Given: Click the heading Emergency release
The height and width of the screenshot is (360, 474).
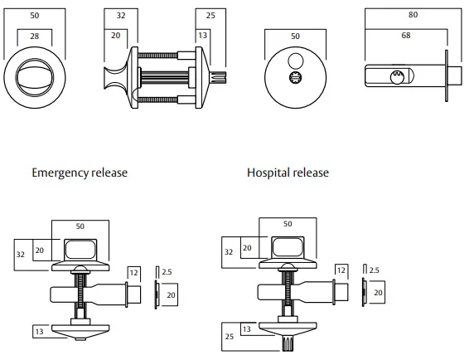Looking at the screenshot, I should (x=80, y=173).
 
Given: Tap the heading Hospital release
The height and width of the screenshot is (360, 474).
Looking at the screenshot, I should (x=288, y=173).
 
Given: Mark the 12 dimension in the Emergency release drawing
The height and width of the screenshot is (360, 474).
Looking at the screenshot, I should (x=134, y=271).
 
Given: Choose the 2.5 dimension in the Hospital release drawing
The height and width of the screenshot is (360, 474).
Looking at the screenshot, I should (x=374, y=270).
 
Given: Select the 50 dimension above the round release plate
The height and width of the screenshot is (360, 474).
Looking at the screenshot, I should (x=294, y=37).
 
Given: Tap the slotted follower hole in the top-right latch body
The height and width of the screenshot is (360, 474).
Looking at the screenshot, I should (x=396, y=77).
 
